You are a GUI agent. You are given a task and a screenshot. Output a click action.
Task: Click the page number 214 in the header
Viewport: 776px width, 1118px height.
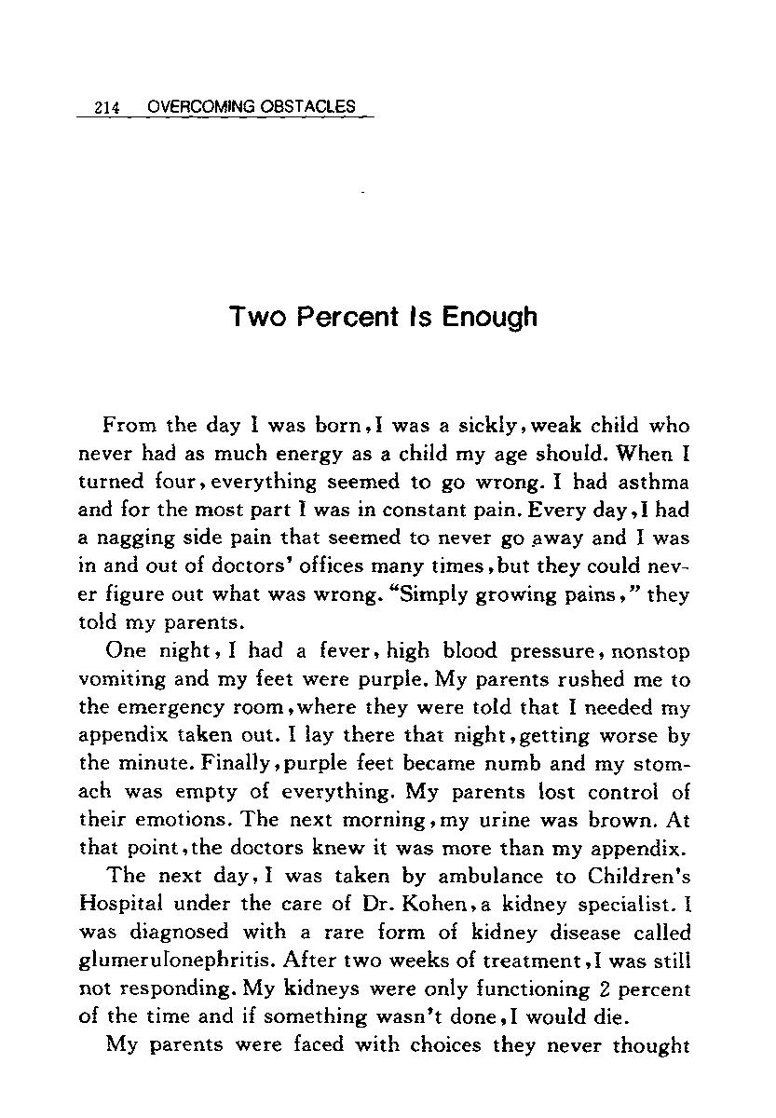[x=109, y=108]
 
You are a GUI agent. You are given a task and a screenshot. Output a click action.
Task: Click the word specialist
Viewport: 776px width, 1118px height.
[x=622, y=905]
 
